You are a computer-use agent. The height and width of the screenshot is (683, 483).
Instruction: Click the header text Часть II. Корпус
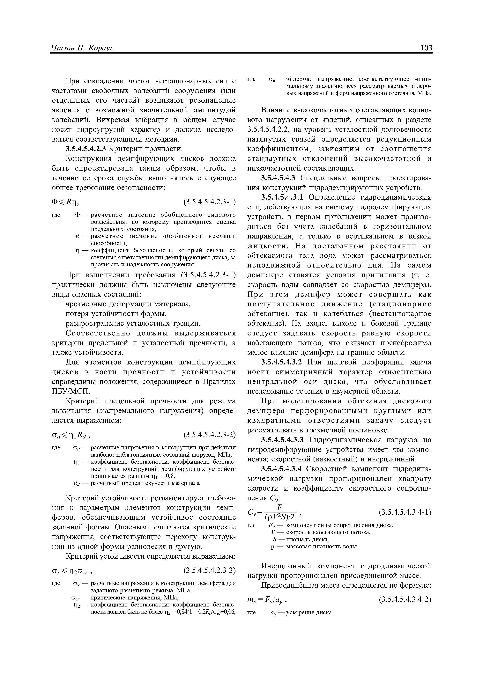coord(82,48)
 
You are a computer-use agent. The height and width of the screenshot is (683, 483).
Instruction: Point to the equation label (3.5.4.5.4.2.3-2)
coord(210,435)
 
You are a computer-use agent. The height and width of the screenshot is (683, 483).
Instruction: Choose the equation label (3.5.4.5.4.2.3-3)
coord(210,570)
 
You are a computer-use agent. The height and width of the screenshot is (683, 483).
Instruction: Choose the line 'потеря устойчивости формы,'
coord(116,314)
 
